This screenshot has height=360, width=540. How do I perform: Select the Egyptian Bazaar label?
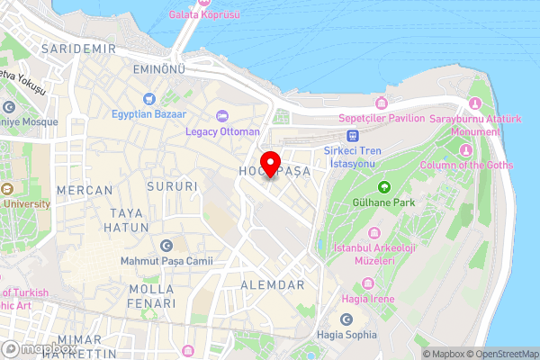click(149, 114)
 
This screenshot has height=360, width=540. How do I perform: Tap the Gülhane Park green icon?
click(384, 187)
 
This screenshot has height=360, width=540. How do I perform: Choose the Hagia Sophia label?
click(347, 335)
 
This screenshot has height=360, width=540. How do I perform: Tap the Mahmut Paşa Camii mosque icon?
click(166, 246)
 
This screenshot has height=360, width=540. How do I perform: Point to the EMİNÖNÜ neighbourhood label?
click(158, 69)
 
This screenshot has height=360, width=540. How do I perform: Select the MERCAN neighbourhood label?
click(85, 191)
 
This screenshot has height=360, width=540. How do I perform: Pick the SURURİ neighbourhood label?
click(175, 187)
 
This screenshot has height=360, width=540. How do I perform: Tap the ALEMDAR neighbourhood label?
click(274, 284)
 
